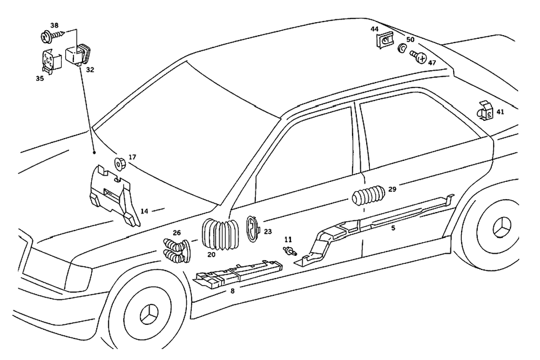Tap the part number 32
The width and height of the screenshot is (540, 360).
pyautogui.click(x=90, y=70)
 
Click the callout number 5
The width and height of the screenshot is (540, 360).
pyautogui.click(x=393, y=228)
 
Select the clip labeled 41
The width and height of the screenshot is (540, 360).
pyautogui.click(x=484, y=111)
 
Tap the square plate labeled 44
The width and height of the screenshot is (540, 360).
pyautogui.click(x=384, y=40)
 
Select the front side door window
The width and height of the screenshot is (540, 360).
pyautogui.click(x=306, y=157)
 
